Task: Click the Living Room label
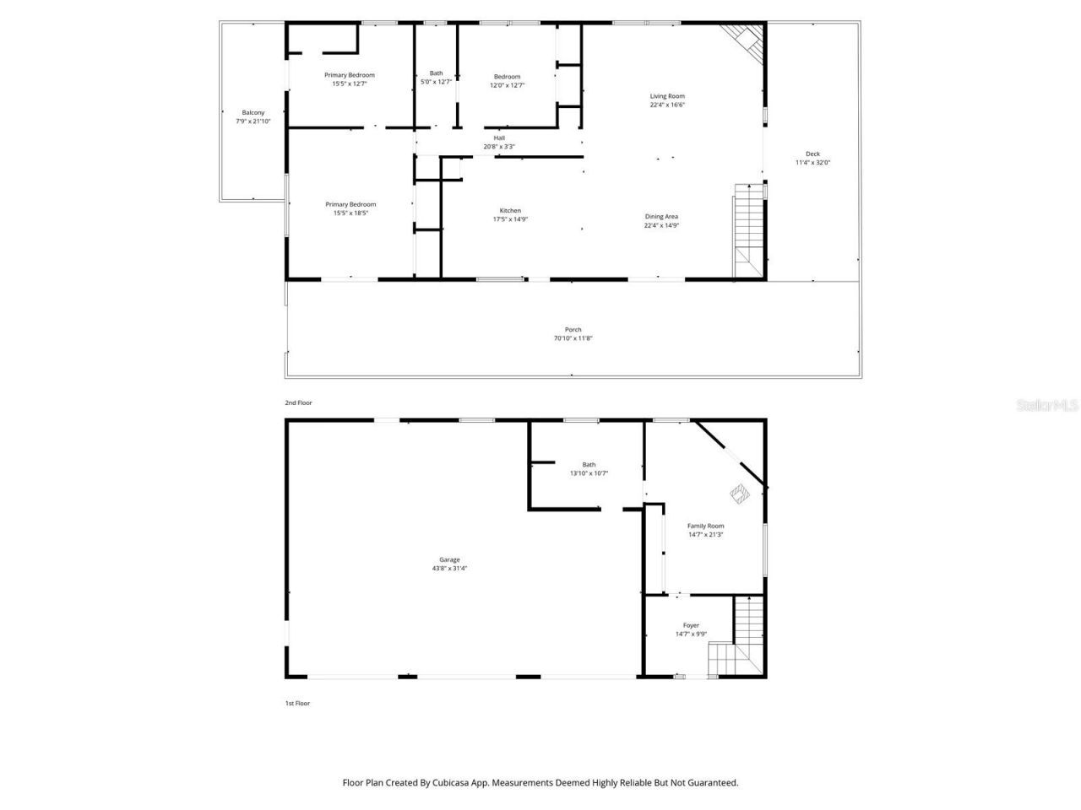(x=666, y=96)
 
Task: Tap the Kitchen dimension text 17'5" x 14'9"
(x=510, y=219)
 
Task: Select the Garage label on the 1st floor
(x=449, y=559)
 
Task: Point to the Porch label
(x=573, y=330)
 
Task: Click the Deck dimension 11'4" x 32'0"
(x=812, y=162)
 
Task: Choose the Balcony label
(x=253, y=112)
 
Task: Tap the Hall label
(x=499, y=138)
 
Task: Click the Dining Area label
(x=661, y=216)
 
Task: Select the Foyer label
(x=691, y=625)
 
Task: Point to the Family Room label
(x=705, y=526)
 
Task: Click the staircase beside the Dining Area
(x=747, y=228)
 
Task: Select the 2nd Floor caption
(x=298, y=403)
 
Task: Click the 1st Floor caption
(x=297, y=703)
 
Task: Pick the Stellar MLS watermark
(x=1047, y=406)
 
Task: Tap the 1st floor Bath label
(x=589, y=465)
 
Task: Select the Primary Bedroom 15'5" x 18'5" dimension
(x=350, y=213)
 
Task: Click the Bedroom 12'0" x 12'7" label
(x=508, y=85)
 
